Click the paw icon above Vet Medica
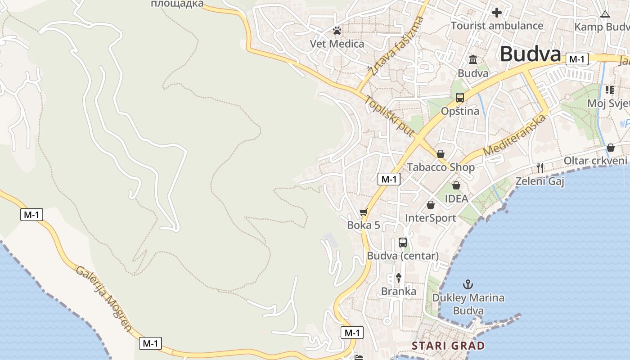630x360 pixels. point(337,31)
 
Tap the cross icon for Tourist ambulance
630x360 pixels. point(497,13)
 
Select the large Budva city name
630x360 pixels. point(531,54)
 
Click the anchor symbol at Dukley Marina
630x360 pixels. point(468,284)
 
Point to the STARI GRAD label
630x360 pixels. point(448,346)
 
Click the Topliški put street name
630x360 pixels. point(389,116)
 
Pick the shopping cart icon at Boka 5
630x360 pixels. point(364,212)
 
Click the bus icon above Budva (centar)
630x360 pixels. point(403,243)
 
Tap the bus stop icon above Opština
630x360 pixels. point(460,97)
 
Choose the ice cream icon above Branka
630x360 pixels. point(398,278)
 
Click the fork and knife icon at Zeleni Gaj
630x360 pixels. point(540,168)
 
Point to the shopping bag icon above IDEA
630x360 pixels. point(456,185)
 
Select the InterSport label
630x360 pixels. point(431,218)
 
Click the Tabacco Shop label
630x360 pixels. point(441,167)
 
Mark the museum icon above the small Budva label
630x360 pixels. point(473,59)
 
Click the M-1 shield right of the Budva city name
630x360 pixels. point(577,59)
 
